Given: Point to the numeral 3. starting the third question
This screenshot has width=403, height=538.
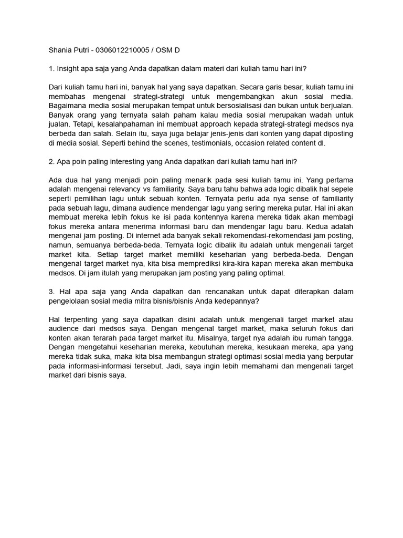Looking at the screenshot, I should (51, 291).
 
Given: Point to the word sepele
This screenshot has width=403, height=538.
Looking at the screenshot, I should (342, 189).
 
